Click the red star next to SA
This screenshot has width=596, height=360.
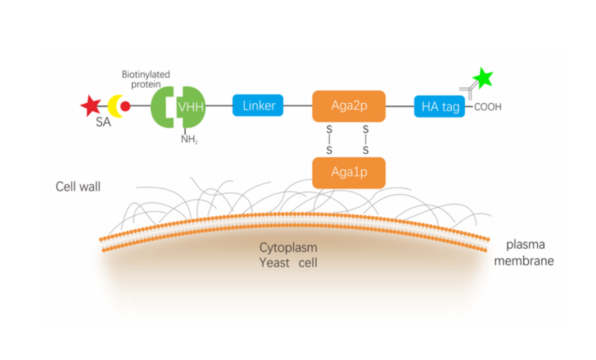90,105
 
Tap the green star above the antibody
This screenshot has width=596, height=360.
482,79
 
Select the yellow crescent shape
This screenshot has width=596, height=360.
114,106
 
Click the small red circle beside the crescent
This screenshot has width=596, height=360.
125,106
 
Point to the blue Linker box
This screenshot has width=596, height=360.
258,105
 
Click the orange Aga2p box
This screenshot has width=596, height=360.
349,105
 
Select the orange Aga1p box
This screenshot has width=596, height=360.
349,173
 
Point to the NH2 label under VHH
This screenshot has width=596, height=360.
189,140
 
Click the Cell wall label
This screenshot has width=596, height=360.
78,187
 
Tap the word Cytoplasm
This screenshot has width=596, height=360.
288,248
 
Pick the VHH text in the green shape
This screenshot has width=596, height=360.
191,106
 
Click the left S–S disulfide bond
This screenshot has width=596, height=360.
329,139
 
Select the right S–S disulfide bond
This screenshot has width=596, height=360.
366,139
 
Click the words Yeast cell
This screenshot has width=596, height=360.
288,263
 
